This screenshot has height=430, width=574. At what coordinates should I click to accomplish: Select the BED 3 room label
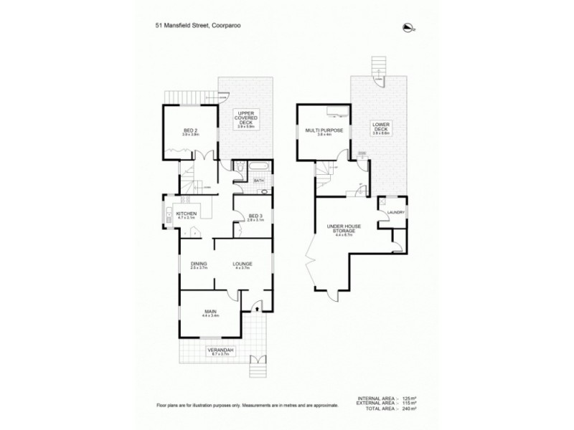coord(256,216)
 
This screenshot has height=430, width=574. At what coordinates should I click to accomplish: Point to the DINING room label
coord(199,264)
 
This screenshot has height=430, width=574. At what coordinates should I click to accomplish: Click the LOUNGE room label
coord(242,264)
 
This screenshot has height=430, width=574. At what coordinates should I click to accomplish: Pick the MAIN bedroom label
coord(210,312)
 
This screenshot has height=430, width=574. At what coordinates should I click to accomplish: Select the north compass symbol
coord(409,28)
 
